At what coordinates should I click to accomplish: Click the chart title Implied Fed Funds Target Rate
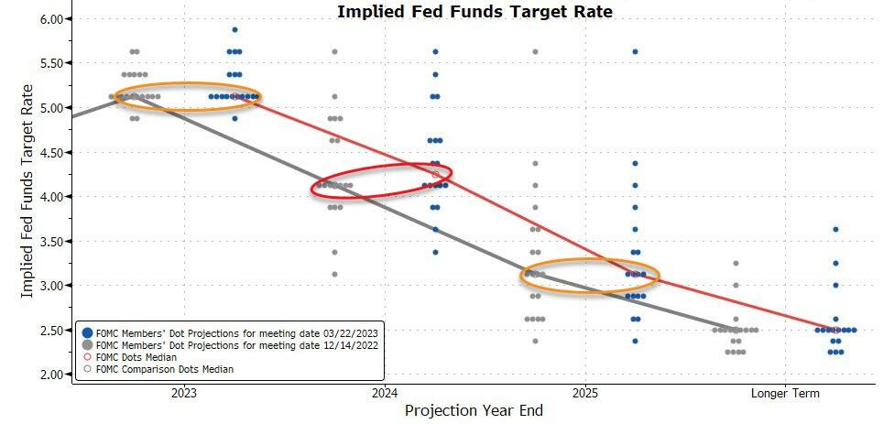pyautogui.click(x=474, y=12)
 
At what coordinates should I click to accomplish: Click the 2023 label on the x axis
pyautogui.click(x=183, y=394)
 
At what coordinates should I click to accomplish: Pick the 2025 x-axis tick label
pyautogui.click(x=586, y=394)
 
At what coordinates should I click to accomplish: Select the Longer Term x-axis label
pyautogui.click(x=786, y=394)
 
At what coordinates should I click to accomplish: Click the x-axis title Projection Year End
pyautogui.click(x=474, y=411)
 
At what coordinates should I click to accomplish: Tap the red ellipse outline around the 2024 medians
pyautogui.click(x=381, y=179)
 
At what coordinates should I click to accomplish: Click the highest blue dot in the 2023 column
pyautogui.click(x=234, y=30)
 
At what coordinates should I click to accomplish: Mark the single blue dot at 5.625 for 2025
pyautogui.click(x=635, y=52)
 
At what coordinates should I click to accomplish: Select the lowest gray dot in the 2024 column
pyautogui.click(x=334, y=274)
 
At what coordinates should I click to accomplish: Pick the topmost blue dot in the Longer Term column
pyautogui.click(x=835, y=230)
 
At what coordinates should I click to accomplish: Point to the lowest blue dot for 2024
pyautogui.click(x=435, y=252)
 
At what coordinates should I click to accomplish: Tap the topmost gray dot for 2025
pyautogui.click(x=535, y=52)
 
